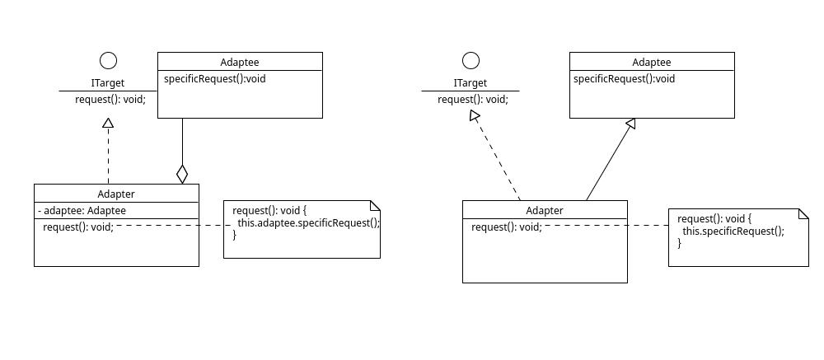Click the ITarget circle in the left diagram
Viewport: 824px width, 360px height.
[108, 60]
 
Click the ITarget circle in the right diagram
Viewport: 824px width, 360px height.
[471, 60]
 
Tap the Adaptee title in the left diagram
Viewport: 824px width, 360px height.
[240, 62]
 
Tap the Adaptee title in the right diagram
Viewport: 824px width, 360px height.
[652, 62]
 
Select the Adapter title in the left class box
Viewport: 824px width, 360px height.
[116, 194]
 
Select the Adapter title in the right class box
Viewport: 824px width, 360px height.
[545, 209]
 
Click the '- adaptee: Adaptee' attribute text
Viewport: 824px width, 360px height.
[82, 210]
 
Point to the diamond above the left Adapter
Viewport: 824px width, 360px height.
[182, 174]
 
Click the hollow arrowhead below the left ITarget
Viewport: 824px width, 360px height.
[107, 124]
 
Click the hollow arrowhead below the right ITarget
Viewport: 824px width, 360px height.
[474, 117]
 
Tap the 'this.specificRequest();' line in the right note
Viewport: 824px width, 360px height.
[733, 231]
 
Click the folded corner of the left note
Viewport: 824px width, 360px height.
[375, 205]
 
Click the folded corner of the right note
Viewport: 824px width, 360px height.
[803, 213]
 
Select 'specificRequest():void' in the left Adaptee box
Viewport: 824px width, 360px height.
[214, 79]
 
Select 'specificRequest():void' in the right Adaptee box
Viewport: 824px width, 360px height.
[624, 79]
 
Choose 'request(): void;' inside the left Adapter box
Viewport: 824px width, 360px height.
[78, 227]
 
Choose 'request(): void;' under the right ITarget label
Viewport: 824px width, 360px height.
[473, 99]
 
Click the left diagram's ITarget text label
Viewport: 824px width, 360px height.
[108, 83]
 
